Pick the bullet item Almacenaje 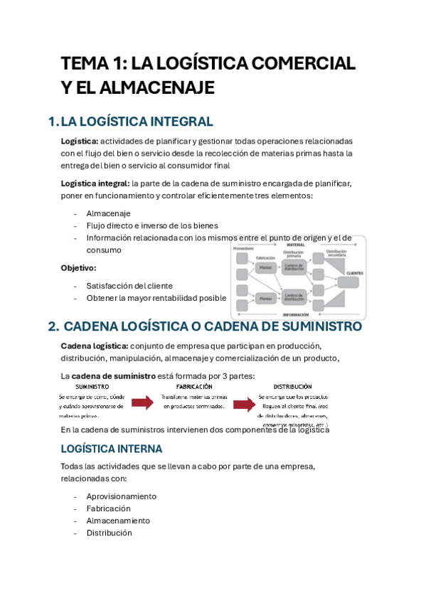(108, 213)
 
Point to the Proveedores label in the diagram (243, 249)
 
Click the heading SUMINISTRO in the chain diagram (93, 386)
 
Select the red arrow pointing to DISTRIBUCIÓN (244, 405)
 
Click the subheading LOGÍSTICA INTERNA (112, 449)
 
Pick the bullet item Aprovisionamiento (121, 496)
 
